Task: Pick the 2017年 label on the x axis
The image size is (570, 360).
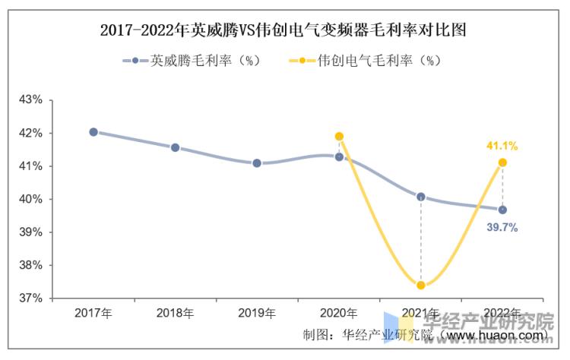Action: tap(93, 313)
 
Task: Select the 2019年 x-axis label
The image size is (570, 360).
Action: tap(257, 313)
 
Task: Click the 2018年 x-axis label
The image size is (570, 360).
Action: tap(175, 313)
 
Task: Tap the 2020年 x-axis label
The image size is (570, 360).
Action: tap(339, 313)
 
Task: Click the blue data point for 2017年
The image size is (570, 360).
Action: tap(93, 131)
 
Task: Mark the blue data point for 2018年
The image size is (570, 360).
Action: tap(175, 147)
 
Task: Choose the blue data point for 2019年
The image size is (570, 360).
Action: tap(257, 163)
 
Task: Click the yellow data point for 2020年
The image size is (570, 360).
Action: tap(339, 137)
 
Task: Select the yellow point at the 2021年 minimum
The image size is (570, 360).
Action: tap(421, 286)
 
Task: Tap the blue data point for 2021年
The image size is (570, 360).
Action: tap(421, 197)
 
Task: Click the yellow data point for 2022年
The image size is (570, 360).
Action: tap(502, 163)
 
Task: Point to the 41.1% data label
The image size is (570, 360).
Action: tap(502, 146)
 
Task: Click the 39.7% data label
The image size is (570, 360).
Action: tap(502, 227)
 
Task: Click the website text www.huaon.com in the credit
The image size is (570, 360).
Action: tap(494, 335)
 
